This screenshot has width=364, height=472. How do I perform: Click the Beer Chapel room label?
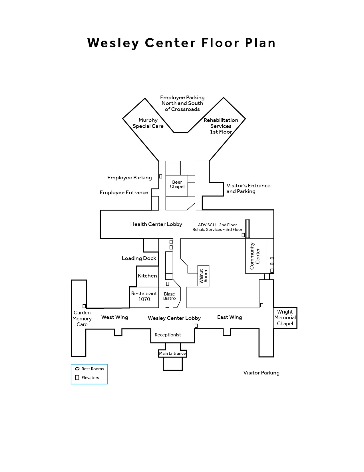tap(177, 184)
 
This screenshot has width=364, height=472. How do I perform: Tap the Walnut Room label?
tap(203, 276)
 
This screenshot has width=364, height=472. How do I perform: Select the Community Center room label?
tap(255, 256)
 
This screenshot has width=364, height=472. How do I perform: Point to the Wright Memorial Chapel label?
tap(285, 318)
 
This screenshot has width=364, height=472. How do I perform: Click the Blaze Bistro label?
tap(169, 296)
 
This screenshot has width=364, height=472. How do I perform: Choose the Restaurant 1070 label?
tap(144, 296)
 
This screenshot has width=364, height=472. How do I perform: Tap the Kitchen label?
tap(147, 276)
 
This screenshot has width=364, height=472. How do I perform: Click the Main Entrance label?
tap(172, 353)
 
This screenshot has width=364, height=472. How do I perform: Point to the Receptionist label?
tap(168, 335)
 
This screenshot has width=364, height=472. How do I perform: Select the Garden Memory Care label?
tap(82, 318)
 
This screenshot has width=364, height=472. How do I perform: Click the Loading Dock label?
tap(139, 258)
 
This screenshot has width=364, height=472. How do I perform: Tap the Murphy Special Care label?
tap(148, 123)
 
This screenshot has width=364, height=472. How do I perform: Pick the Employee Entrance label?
tap(124, 193)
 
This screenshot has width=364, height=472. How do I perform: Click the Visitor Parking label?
tap(261, 373)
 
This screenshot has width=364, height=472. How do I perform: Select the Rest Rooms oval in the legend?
tap(77, 369)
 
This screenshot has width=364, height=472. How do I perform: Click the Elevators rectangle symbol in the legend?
tap(77, 378)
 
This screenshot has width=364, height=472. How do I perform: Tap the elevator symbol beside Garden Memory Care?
tap(84, 306)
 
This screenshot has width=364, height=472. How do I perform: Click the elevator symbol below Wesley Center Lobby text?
tap(196, 326)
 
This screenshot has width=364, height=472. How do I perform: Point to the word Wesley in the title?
tap(113, 43)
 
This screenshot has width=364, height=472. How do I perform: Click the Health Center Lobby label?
tap(156, 224)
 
